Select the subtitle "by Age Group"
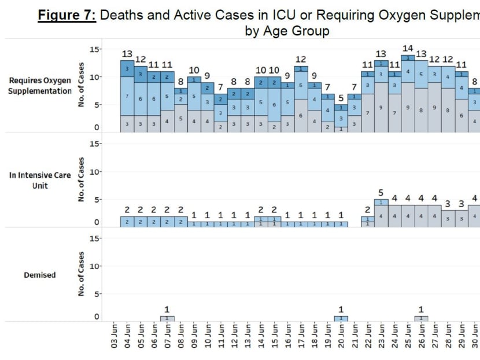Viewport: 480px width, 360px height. pyautogui.click(x=287, y=31)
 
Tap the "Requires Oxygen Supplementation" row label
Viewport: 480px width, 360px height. pyautogui.click(x=40, y=86)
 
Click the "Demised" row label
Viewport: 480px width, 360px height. pyautogui.click(x=40, y=275)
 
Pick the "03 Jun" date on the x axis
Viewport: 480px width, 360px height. pyautogui.click(x=114, y=336)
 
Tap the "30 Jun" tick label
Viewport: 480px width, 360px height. pyautogui.click(x=474, y=336)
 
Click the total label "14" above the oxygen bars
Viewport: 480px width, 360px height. pyautogui.click(x=408, y=49)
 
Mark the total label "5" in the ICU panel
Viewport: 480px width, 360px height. pyautogui.click(x=381, y=193)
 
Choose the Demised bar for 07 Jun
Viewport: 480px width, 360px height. pyautogui.click(x=167, y=318)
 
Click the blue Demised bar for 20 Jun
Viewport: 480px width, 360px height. pyautogui.click(x=341, y=318)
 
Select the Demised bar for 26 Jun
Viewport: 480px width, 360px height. pyautogui.click(x=421, y=318)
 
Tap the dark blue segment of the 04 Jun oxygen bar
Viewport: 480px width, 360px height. pyautogui.click(x=127, y=68)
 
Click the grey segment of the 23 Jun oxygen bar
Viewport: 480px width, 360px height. pyautogui.click(x=381, y=107)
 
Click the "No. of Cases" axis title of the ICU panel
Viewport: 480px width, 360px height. pyautogui.click(x=82, y=180)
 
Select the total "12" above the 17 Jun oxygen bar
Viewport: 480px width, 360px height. pyautogui.click(x=301, y=60)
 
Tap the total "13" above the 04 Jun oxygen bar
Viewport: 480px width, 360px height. pyautogui.click(x=127, y=54)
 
